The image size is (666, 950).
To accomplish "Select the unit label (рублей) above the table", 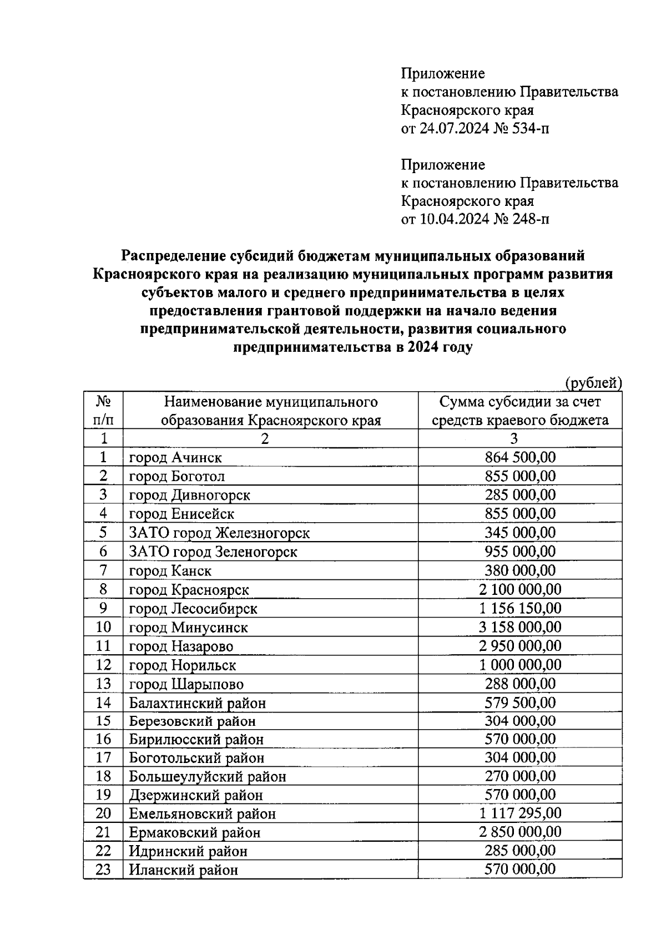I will point(593,383).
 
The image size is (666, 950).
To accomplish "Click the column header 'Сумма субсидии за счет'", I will point(520,401).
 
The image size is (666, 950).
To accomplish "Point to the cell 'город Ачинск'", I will point(175,458).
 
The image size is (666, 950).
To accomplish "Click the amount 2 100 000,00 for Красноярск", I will point(520,589).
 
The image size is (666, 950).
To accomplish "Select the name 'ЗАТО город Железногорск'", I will point(219,533).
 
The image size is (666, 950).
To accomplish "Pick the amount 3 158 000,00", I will point(520,627).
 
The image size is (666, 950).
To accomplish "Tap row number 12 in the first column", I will point(103,665).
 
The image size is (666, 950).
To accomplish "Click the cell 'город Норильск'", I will point(183,665).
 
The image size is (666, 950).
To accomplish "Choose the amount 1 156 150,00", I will point(520,608).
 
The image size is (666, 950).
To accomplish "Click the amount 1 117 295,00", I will point(520,813).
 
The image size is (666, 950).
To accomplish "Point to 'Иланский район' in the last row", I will point(183,870).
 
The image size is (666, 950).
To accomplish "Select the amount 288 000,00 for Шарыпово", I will point(520,684).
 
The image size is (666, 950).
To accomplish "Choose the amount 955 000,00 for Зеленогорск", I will point(520,552).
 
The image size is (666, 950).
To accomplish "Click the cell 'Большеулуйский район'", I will point(208,776).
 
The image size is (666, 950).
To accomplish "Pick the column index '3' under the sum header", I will point(514,438).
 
